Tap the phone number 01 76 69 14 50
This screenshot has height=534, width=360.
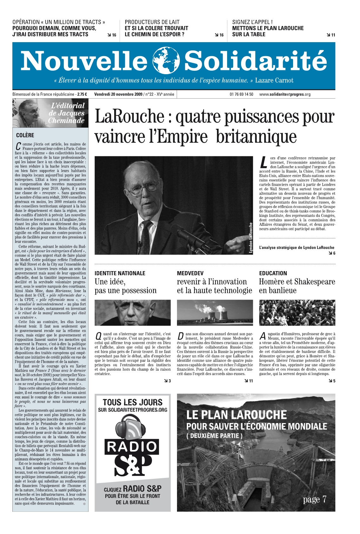coord(241,94)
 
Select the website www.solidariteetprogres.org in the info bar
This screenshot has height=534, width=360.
coord(285,94)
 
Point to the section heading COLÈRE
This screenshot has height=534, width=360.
coord(25,135)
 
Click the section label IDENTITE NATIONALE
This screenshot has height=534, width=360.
coord(120,273)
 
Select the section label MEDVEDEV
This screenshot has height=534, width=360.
coord(190,273)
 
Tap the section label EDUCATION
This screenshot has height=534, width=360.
coord(273,273)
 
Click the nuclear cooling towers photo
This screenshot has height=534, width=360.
coord(215,313)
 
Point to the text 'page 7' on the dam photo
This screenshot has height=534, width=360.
coord(314,500)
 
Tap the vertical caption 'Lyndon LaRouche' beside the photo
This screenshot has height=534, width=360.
coord(251,238)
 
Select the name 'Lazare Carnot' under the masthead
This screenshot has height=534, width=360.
coord(274,81)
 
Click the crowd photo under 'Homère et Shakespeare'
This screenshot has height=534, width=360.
coord(297,313)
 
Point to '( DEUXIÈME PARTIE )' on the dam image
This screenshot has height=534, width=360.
coord(214,436)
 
